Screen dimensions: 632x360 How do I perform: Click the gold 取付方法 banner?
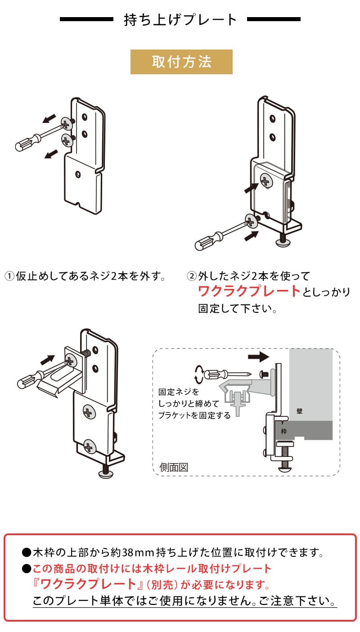point(181,62)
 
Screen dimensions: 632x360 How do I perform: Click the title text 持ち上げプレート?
point(180,20)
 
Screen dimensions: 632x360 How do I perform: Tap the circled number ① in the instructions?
point(10,275)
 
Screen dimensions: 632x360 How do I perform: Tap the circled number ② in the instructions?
point(192,275)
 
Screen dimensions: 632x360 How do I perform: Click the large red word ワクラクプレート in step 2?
point(249,291)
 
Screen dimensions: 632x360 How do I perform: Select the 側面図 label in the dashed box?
point(174,467)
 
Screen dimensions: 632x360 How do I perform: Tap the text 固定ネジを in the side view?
point(179,393)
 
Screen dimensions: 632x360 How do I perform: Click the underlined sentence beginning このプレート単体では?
point(184,601)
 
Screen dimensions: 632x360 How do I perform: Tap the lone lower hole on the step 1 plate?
point(77,173)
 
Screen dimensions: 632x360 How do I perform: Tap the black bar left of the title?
point(86,20)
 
